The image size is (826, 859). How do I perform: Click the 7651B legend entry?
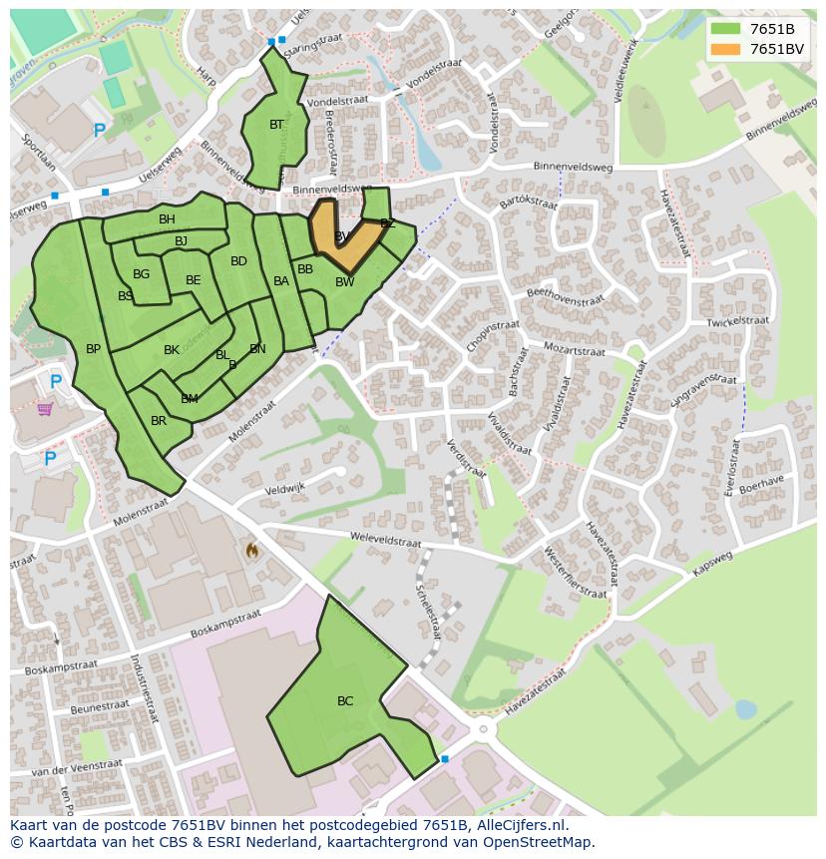click(771, 29)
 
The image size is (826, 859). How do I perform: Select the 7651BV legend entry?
click(775, 49)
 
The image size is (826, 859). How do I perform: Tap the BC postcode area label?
click(345, 701)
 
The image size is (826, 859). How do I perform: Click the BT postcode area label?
click(276, 125)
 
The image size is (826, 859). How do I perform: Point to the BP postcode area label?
click(93, 349)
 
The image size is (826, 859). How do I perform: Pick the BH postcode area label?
click(167, 219)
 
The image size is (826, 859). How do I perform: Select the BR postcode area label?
click(159, 421)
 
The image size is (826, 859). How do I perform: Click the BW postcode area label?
click(344, 282)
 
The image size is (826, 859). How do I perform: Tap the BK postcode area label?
click(172, 350)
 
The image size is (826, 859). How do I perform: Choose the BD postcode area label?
click(238, 262)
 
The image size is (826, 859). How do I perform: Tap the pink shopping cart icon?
click(45, 409)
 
